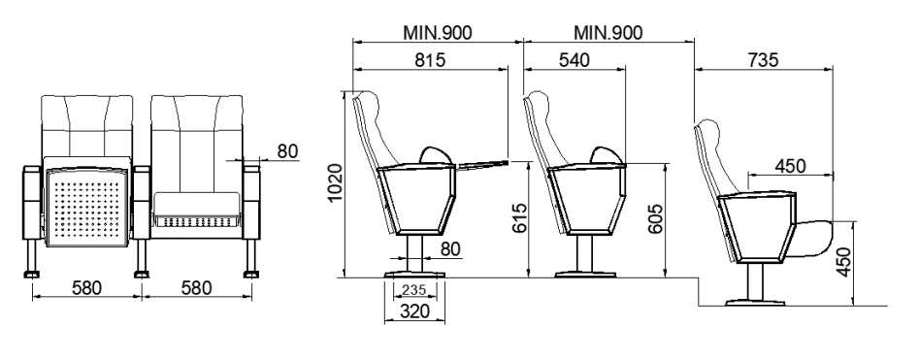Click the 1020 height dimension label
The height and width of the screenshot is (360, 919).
tap(335, 182)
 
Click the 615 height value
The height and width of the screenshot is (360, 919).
tap(520, 218)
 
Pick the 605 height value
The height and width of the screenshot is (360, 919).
tap(656, 218)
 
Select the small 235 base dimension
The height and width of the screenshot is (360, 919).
tap(415, 289)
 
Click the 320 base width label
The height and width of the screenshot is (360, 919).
tap(413, 311)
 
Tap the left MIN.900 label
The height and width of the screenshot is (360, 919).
tap(437, 32)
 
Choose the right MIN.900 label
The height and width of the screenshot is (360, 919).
tap(607, 32)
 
